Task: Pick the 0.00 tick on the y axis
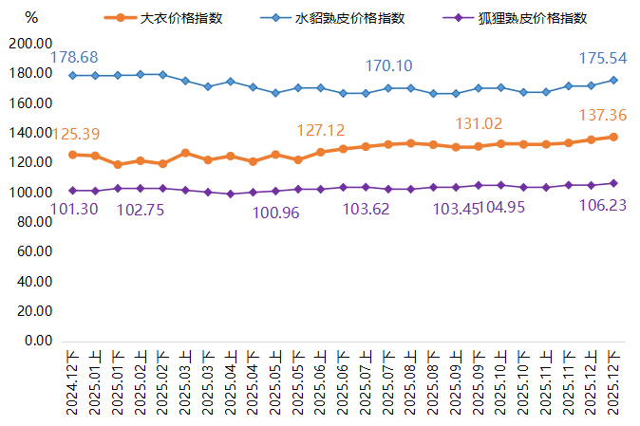click(38, 341)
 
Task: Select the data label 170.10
click(389, 65)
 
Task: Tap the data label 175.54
click(603, 58)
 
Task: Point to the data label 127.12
click(320, 129)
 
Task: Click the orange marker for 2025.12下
click(613, 137)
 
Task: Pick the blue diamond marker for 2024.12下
click(73, 75)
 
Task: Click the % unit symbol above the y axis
click(31, 17)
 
